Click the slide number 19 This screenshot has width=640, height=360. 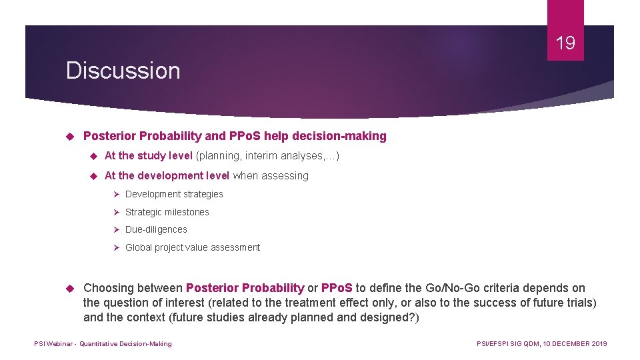tap(565, 44)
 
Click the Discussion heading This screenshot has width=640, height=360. tap(123, 71)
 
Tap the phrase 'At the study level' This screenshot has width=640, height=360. tap(148, 156)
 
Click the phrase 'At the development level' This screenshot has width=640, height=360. tap(167, 176)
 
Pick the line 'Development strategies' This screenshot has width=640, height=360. tap(174, 194)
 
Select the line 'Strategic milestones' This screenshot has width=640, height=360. tap(167, 212)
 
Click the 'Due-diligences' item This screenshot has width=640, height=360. tap(156, 229)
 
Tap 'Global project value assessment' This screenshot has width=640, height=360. tap(193, 247)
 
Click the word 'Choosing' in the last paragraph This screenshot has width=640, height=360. tap(108, 288)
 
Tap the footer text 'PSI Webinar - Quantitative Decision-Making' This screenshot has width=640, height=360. tap(103, 343)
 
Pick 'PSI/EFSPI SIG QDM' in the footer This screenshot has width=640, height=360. tap(507, 343)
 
